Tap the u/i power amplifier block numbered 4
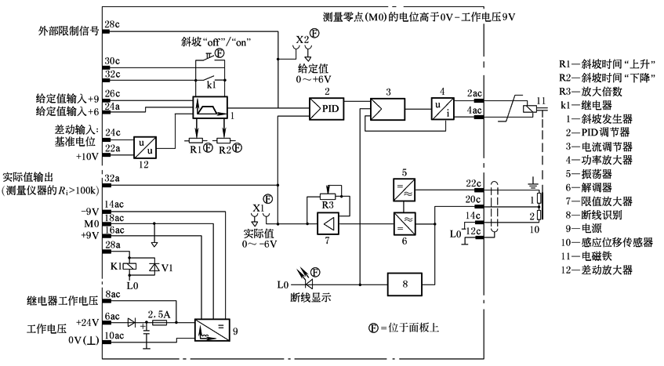tap(439, 109)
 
